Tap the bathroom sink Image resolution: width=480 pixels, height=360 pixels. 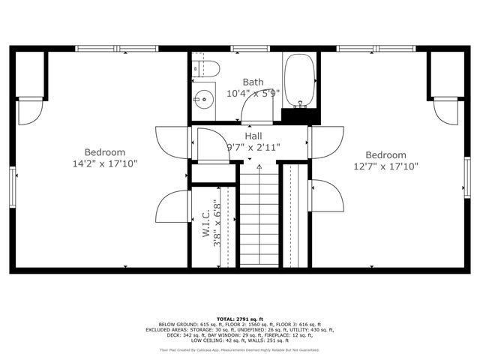202,97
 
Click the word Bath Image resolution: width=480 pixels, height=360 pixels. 253,82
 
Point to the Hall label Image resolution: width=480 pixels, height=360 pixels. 253,136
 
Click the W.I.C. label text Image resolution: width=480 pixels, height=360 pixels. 205,223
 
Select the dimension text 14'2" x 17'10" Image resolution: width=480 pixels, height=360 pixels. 104,163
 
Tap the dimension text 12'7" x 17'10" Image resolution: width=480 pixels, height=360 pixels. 385,166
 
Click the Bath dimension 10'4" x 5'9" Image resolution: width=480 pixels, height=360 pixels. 253,94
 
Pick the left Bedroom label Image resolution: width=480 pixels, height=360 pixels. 104,151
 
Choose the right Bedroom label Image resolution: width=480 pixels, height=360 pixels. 385,155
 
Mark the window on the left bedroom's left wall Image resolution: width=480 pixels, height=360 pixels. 12,184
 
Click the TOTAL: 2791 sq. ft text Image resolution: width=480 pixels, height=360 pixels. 239,319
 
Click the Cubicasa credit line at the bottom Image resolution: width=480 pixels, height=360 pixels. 239,350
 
